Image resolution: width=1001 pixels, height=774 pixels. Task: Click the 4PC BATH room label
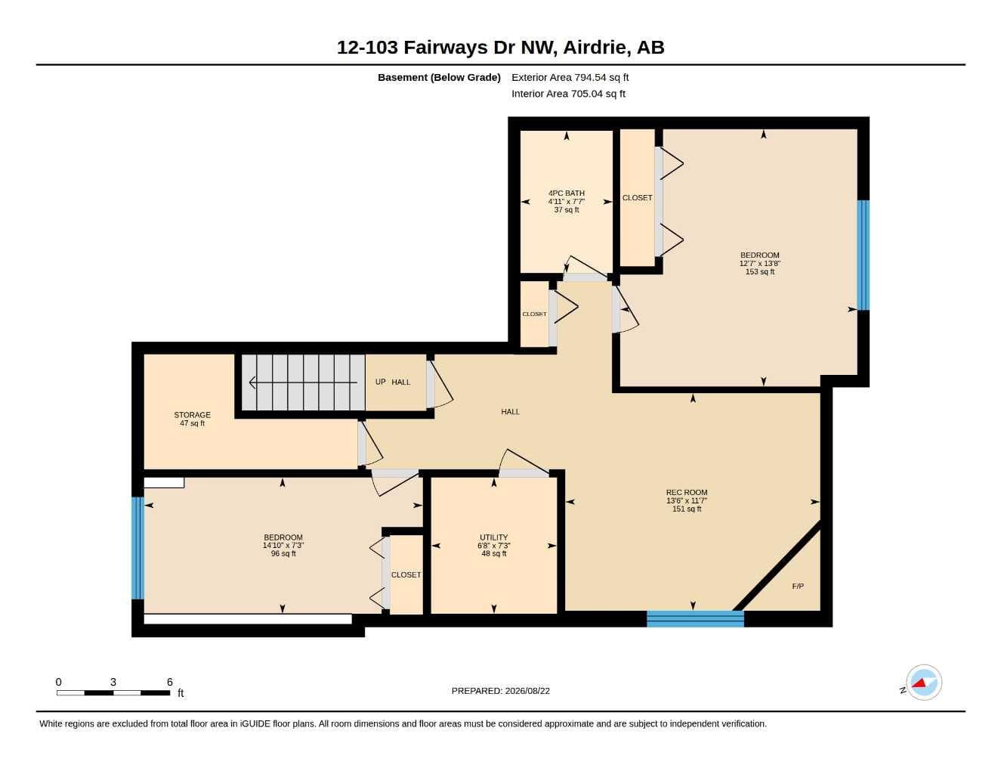pyautogui.click(x=566, y=193)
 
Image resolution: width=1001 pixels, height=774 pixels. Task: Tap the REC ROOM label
pyautogui.click(x=687, y=492)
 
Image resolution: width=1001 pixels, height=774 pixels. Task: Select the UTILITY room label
pyautogui.click(x=494, y=537)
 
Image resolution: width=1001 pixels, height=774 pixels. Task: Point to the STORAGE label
pyautogui.click(x=192, y=415)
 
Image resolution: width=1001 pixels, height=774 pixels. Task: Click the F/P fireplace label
pyautogui.click(x=798, y=586)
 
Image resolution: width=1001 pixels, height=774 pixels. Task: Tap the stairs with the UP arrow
pyautogui.click(x=303, y=382)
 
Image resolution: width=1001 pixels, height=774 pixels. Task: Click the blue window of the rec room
pyautogui.click(x=695, y=619)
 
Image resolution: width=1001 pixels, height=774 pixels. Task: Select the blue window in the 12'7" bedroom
pyautogui.click(x=864, y=255)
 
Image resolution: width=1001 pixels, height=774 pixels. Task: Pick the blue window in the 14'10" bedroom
pyautogui.click(x=137, y=548)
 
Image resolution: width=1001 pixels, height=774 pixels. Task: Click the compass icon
pyautogui.click(x=923, y=683)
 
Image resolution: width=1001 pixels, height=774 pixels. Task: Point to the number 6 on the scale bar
pyautogui.click(x=169, y=682)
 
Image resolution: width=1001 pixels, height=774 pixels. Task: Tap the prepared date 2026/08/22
pyautogui.click(x=527, y=691)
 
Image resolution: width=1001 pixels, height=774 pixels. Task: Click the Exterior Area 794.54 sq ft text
pyautogui.click(x=570, y=77)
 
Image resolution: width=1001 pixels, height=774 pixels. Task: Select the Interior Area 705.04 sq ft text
pyautogui.click(x=568, y=94)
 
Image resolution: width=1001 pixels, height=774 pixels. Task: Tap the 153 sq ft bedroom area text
pyautogui.click(x=760, y=271)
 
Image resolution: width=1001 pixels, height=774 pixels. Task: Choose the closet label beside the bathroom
pyautogui.click(x=637, y=197)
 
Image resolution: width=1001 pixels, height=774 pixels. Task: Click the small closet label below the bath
pyautogui.click(x=534, y=314)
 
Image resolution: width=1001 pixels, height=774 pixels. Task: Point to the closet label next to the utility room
pyautogui.click(x=406, y=574)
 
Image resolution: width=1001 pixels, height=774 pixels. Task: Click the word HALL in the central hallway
pyautogui.click(x=510, y=411)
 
